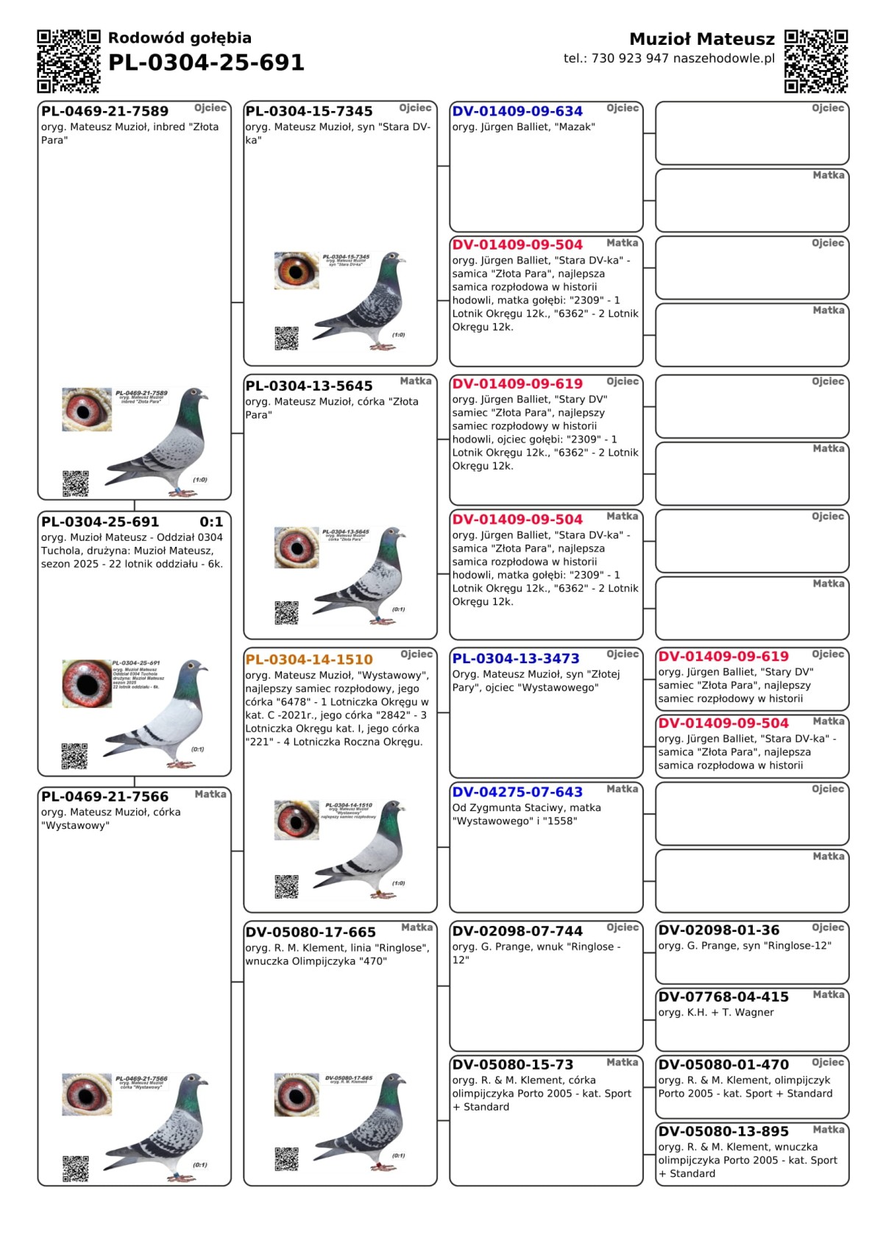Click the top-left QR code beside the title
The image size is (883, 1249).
tap(68, 61)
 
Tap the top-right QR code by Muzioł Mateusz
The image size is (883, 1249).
tap(816, 61)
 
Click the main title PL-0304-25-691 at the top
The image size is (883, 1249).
tap(206, 63)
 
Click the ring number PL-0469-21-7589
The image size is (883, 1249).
tap(104, 111)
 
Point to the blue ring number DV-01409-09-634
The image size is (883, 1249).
tap(517, 111)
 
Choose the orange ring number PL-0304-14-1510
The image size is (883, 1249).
tap(309, 659)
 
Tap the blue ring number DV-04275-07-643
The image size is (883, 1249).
tap(517, 792)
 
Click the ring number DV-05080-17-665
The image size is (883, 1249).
tap(311, 932)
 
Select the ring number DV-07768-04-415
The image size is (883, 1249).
tap(723, 997)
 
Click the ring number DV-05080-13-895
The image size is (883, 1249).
tap(723, 1131)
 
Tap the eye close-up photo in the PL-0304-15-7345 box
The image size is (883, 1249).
tap(297, 270)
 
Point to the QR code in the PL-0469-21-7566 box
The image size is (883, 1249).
tap(75, 1168)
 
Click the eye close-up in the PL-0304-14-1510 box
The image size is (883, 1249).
tap(297, 818)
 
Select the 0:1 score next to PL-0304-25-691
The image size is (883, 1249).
tap(211, 522)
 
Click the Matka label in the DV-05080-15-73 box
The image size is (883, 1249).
tap(622, 1062)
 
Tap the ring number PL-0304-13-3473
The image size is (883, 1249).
tap(516, 659)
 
